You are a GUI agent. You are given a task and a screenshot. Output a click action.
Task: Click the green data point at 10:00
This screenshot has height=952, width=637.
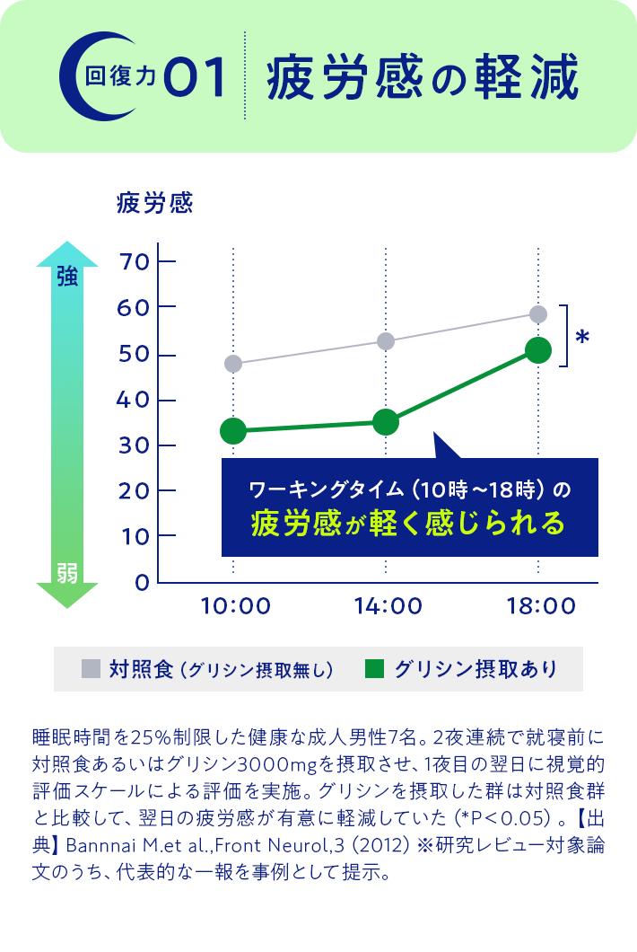(x=233, y=431)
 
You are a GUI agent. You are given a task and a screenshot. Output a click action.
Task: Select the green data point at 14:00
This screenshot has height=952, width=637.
(x=386, y=421)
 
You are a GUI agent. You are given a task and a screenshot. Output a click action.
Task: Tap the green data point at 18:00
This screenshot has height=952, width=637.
(x=538, y=350)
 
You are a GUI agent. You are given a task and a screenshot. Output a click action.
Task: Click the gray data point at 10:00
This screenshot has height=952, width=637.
(x=233, y=364)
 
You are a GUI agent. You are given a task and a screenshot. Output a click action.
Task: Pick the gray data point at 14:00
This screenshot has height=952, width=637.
(x=386, y=341)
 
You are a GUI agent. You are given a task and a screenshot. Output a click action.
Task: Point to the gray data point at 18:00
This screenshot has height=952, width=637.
(x=538, y=313)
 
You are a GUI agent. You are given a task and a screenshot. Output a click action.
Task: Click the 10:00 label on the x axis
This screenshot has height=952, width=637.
(x=236, y=606)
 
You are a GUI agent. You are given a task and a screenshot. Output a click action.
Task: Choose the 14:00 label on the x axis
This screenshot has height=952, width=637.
(x=388, y=606)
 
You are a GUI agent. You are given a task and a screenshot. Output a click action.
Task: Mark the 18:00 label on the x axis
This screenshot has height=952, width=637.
(x=539, y=606)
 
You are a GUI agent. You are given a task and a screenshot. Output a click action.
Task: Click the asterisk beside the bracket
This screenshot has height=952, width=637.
(x=582, y=338)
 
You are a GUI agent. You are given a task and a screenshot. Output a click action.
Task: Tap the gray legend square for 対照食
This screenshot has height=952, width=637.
(x=91, y=668)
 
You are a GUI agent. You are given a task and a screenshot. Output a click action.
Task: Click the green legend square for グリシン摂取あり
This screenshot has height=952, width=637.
(x=375, y=668)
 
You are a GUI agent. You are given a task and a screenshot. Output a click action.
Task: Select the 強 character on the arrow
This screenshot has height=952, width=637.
(x=67, y=277)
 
